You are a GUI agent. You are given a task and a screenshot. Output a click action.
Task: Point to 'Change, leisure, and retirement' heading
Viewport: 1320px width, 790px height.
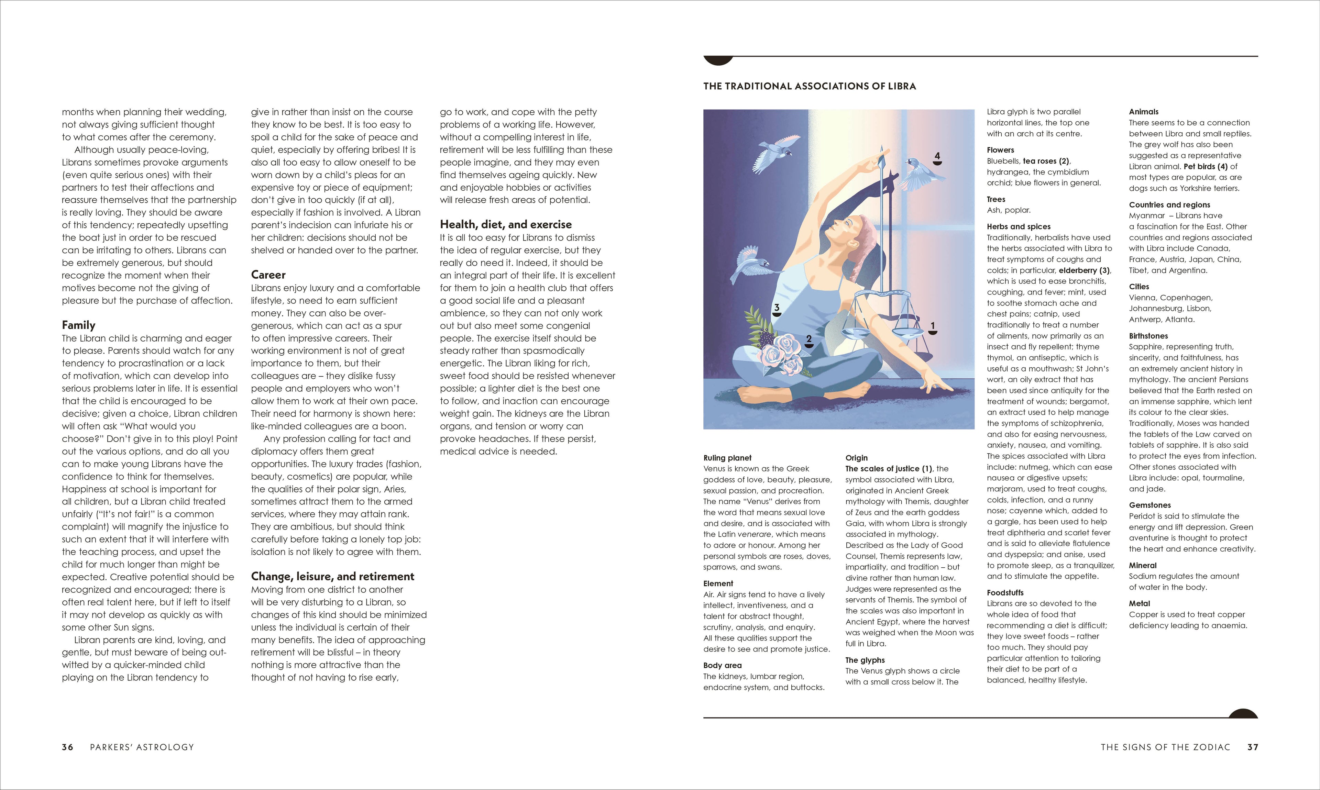(x=332, y=577)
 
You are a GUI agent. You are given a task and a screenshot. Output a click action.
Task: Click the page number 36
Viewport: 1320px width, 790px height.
(x=68, y=747)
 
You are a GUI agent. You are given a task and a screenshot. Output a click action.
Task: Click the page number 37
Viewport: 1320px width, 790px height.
(x=1252, y=747)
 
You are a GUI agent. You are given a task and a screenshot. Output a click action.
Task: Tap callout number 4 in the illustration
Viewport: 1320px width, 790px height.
(x=937, y=156)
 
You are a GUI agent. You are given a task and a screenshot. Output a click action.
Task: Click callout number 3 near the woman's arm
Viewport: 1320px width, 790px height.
(x=777, y=308)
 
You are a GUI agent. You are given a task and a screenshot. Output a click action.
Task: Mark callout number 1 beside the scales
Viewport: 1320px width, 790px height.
(x=932, y=326)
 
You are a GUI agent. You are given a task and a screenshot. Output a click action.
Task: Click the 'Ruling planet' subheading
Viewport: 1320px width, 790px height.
(x=727, y=458)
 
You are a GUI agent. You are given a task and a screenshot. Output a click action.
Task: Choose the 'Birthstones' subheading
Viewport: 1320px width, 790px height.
(x=1148, y=336)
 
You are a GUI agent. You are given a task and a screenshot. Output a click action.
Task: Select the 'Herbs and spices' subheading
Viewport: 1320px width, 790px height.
(x=1019, y=227)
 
